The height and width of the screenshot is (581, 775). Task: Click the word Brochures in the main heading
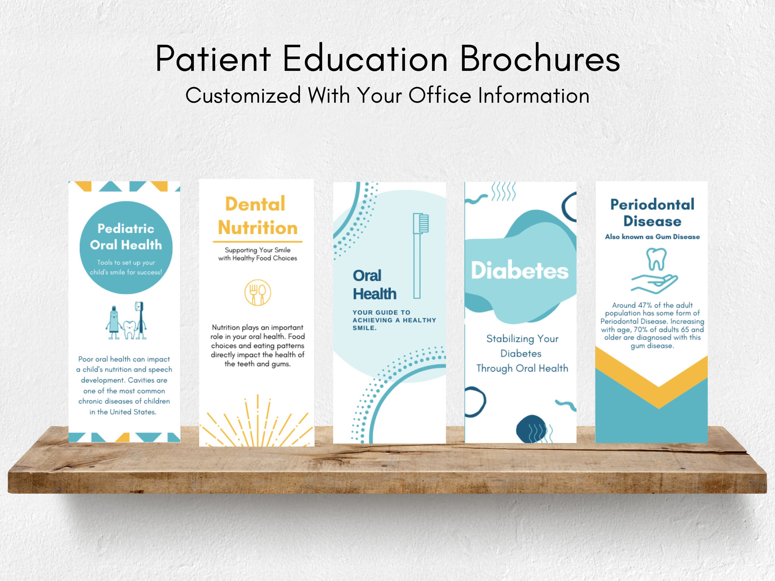(540, 59)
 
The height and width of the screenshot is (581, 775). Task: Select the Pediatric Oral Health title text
(126, 237)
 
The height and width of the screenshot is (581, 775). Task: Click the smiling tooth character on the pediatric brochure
(130, 329)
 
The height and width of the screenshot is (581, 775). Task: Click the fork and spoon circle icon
(257, 292)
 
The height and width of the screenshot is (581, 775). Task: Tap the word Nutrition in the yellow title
(257, 228)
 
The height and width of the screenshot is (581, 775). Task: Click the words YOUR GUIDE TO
(381, 312)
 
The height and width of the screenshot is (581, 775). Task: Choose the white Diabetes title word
(520, 271)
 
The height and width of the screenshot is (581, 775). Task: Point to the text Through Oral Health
(522, 368)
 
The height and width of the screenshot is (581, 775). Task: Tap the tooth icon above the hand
(656, 259)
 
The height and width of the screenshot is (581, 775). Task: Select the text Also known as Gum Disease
(652, 237)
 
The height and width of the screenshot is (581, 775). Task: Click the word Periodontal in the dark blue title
(652, 205)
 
